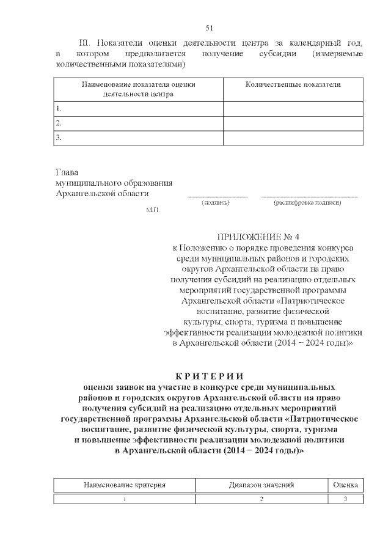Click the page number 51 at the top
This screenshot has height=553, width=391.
209,27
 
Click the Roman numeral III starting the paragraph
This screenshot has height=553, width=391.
85,43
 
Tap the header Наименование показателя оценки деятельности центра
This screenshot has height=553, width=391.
139,89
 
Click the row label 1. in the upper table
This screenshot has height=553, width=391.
60,108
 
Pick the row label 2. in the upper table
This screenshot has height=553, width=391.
60,123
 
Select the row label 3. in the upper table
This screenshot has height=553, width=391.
60,138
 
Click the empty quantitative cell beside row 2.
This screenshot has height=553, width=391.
293,123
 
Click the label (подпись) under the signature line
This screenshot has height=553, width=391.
216,202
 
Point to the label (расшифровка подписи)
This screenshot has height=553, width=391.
308,202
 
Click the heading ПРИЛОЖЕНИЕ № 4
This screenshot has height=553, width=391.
260,236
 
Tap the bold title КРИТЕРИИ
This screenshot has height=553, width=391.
209,375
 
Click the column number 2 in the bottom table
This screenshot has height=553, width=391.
262,499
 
